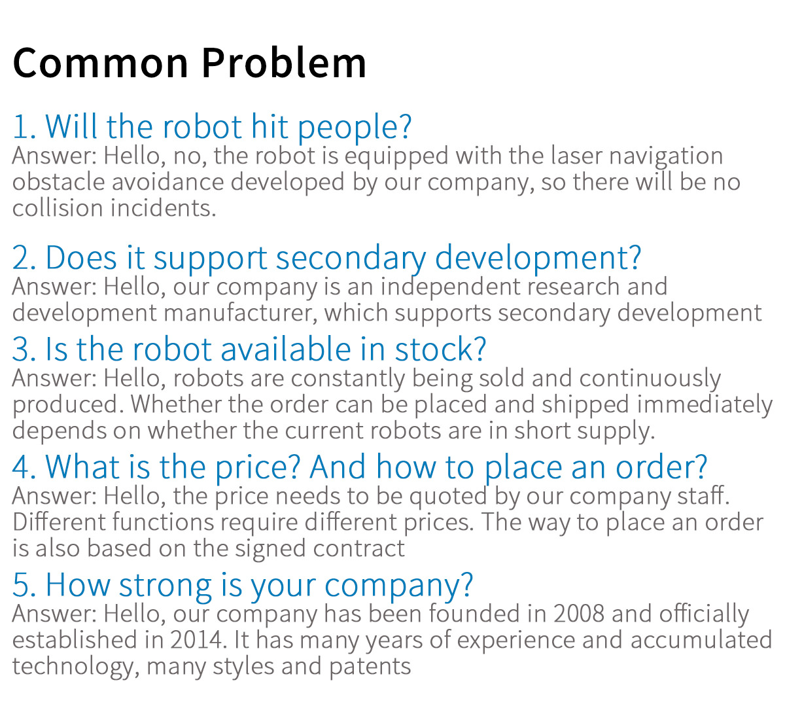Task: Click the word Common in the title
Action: (101, 63)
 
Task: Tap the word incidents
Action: (163, 207)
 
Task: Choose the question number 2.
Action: (24, 258)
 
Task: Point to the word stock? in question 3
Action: (440, 349)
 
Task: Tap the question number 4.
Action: (24, 468)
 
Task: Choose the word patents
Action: (370, 667)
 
